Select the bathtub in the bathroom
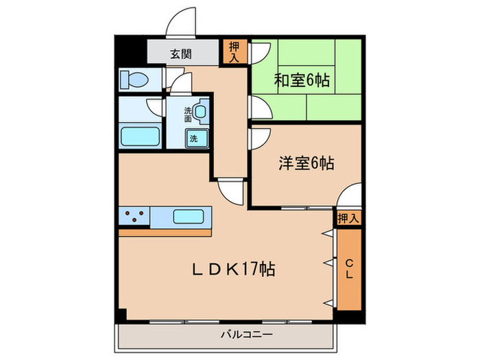pyautogui.click(x=140, y=135)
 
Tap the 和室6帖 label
pyautogui.click(x=302, y=80)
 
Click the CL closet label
pyautogui.click(x=348, y=268)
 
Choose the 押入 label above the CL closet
pyautogui.click(x=348, y=218)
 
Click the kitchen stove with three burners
pyautogui.click(x=134, y=217)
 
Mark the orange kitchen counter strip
pyautogui.click(x=165, y=233)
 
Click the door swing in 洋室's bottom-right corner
pyautogui.click(x=350, y=196)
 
